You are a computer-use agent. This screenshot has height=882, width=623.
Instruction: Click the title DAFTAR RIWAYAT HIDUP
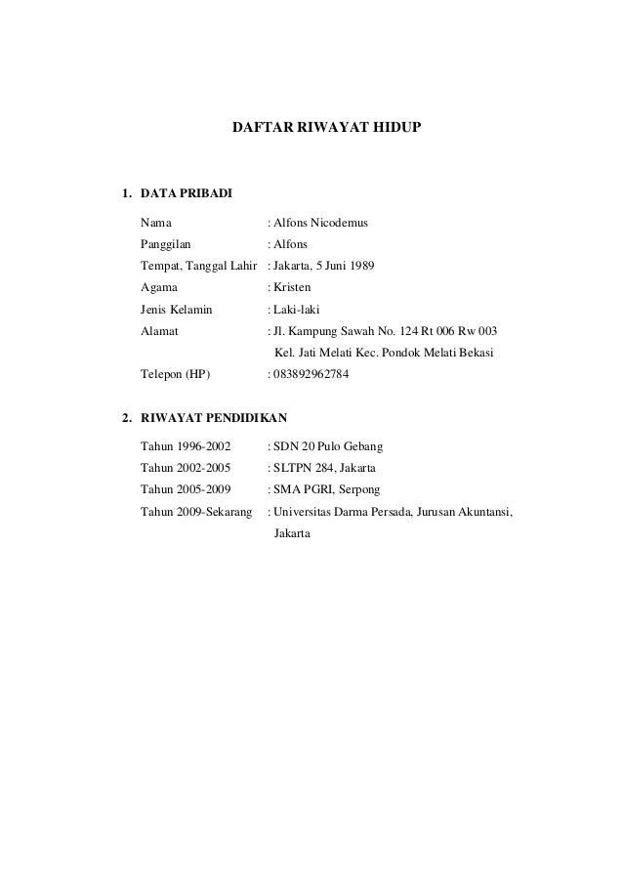[x=325, y=128]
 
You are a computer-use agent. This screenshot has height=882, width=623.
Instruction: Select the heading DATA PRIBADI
[x=187, y=191]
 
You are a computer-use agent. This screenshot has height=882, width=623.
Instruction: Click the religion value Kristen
[x=295, y=287]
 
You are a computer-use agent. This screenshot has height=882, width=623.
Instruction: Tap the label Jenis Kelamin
[x=177, y=310]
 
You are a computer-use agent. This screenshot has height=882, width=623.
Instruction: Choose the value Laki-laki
[x=298, y=310]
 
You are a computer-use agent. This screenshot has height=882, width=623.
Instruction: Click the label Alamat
[x=160, y=331]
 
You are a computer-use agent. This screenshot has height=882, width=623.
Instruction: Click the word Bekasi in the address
[x=475, y=353]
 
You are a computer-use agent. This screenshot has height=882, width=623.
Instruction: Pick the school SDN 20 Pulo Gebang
[x=329, y=446]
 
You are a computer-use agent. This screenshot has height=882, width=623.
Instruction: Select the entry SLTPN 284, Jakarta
[x=318, y=468]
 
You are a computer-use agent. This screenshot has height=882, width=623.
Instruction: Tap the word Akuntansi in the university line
[x=483, y=511]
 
